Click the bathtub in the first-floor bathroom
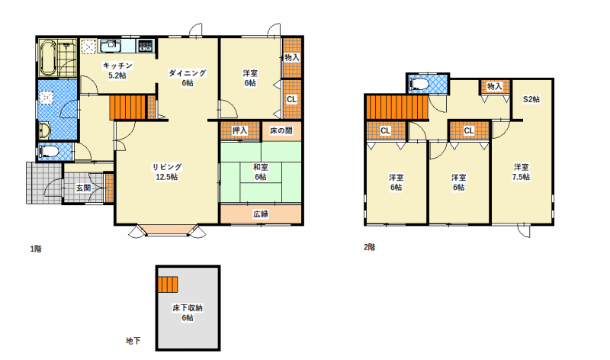click(x=48, y=58)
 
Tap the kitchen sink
click(x=111, y=46)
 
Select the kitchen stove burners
click(x=146, y=46)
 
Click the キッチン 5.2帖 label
click(x=117, y=70)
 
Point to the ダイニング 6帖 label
click(x=187, y=78)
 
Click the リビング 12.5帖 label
click(x=167, y=172)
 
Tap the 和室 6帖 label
click(x=260, y=172)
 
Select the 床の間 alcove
click(x=281, y=131)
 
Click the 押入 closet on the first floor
click(x=239, y=130)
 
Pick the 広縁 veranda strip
click(x=261, y=214)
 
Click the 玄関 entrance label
click(x=83, y=188)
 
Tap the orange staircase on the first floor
click(x=127, y=108)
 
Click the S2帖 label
click(x=531, y=99)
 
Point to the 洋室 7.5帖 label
click(x=521, y=172)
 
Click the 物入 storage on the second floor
click(x=494, y=86)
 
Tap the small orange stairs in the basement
click(x=168, y=284)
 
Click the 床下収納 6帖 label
click(x=188, y=313)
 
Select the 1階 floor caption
click(x=36, y=249)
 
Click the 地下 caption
click(x=133, y=341)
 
